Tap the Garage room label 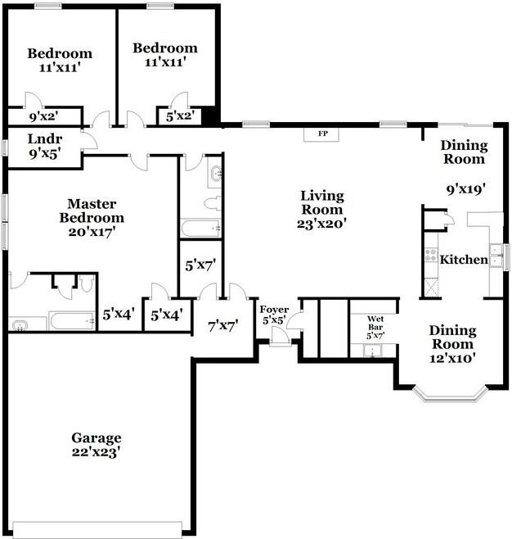pos(96,438)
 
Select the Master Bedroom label pos(96,211)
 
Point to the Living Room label pos(321,202)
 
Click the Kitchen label pos(465,260)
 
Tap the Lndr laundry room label pos(44,138)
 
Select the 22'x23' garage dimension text pos(97,451)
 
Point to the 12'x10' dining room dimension pos(452,357)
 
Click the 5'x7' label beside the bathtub pos(199,265)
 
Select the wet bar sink pos(373,351)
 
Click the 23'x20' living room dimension pos(321,223)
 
